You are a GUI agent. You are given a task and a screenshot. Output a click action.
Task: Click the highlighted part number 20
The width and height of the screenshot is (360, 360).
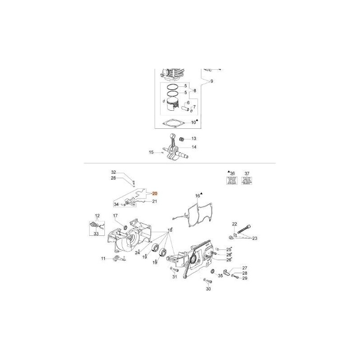tap(155, 193)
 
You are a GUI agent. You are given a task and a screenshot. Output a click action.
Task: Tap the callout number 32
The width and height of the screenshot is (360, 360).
tap(114, 172)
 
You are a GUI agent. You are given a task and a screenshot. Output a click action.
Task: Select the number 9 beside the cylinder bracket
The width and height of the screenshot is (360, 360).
tap(212, 81)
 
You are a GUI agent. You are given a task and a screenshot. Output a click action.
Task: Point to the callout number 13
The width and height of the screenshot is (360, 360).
tap(194, 138)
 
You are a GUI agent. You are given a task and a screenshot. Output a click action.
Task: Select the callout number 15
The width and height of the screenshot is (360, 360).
tap(152, 152)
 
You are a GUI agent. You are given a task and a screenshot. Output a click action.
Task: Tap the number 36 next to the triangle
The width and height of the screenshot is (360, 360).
tap(233, 173)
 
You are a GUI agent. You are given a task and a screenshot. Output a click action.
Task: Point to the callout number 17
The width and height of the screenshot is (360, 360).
tap(116, 216)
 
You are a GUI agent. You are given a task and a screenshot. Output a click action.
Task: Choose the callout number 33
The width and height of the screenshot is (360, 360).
tap(96, 234)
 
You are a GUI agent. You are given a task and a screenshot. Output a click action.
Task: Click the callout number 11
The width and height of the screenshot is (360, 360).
tap(103, 258)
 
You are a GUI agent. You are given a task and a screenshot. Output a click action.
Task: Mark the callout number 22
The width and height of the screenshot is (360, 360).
tap(234, 224)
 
